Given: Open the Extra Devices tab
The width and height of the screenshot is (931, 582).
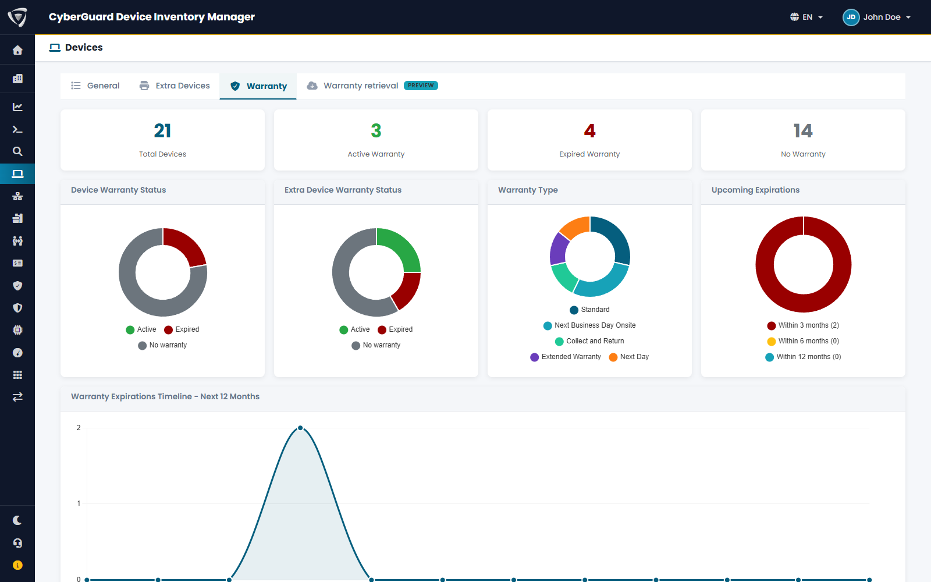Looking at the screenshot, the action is [175, 86].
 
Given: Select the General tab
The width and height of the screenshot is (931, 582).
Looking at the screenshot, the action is [95, 86].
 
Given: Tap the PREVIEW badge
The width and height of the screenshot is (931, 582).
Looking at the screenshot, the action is [421, 86].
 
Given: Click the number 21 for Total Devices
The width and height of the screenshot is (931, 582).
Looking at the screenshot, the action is [162, 131].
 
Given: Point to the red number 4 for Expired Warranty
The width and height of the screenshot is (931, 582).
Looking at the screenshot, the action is [589, 131].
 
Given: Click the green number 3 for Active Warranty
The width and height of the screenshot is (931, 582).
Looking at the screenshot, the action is [376, 131].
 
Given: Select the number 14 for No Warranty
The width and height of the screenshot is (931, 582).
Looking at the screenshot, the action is [803, 131].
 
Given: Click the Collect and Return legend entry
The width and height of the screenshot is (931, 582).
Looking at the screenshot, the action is [589, 341].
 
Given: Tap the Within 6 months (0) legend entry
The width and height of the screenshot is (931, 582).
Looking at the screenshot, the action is [803, 341].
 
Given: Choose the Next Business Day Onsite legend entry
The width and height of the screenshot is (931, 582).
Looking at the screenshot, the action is [589, 325].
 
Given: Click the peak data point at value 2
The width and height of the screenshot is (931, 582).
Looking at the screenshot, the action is [300, 428].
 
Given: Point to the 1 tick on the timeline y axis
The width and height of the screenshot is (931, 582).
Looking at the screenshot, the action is [79, 503].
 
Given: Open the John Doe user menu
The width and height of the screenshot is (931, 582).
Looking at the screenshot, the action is [876, 17].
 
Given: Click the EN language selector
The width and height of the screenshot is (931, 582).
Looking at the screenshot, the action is [806, 17].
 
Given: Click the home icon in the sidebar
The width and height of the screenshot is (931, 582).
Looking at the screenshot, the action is [17, 50].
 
